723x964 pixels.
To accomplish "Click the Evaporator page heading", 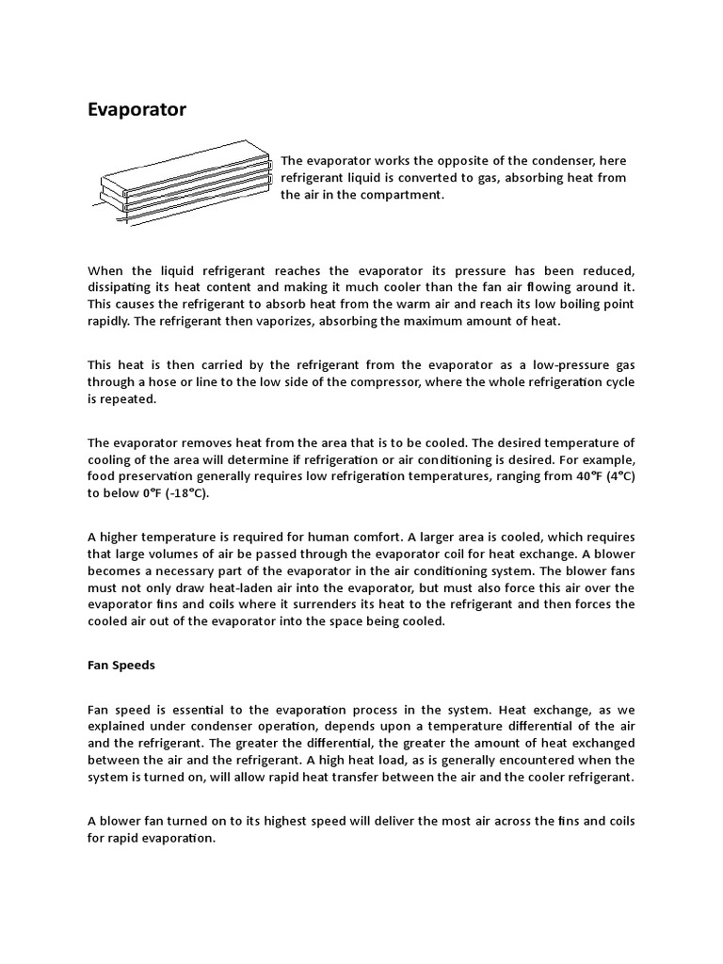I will (x=137, y=110).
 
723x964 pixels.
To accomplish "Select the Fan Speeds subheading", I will (x=121, y=665).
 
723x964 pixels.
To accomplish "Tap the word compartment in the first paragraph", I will (x=400, y=195).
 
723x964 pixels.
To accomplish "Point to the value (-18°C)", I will (x=185, y=492).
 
